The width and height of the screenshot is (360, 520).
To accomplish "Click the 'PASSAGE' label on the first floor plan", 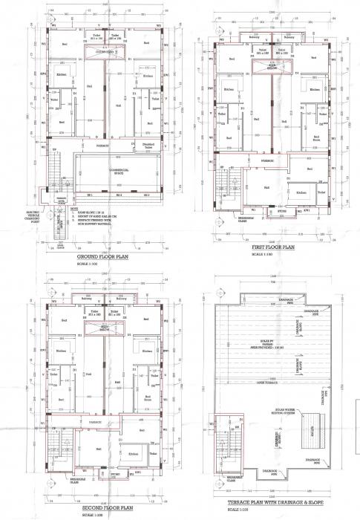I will click(267, 160).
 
